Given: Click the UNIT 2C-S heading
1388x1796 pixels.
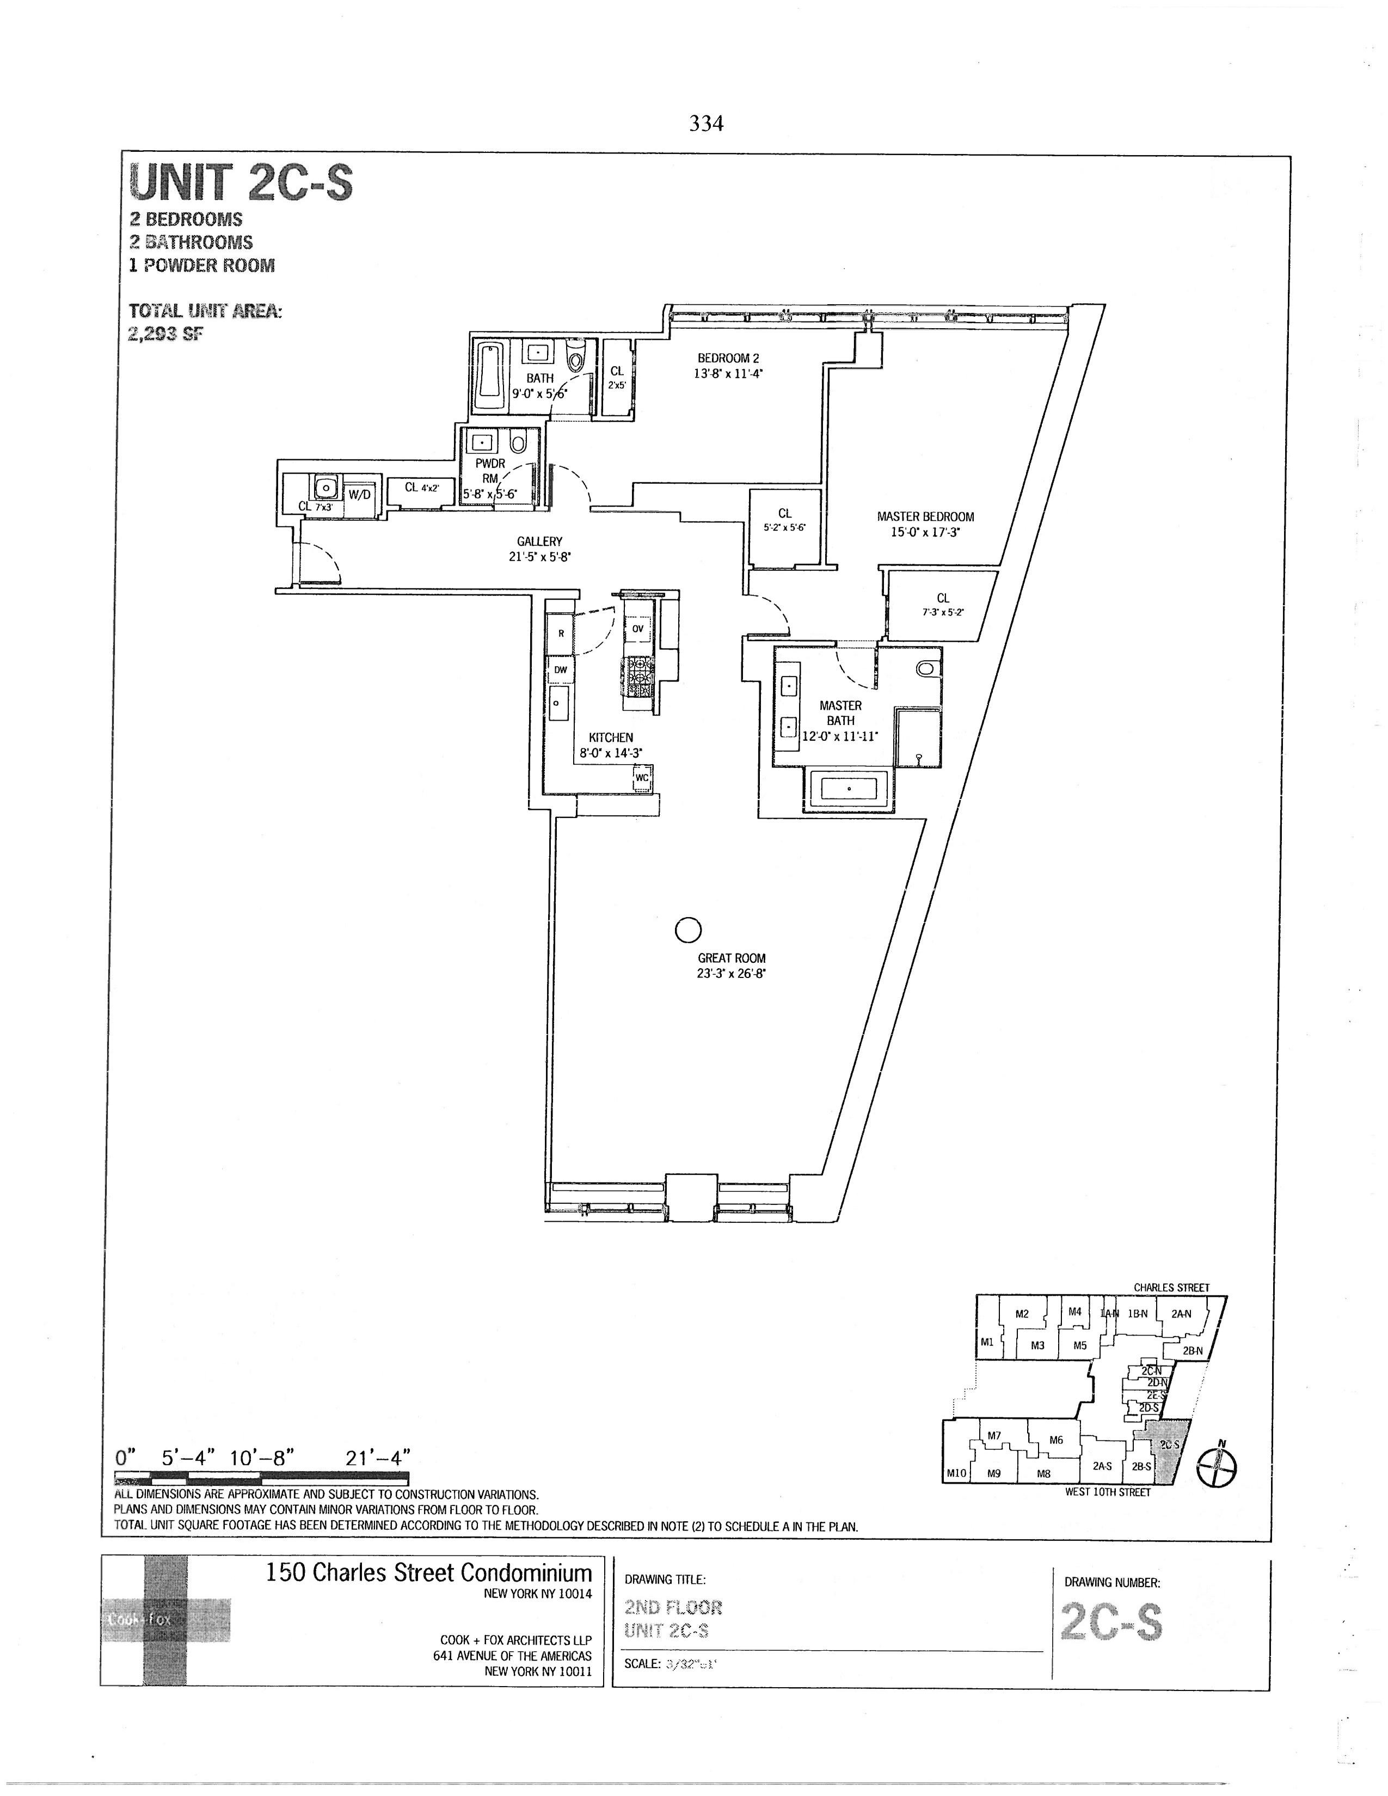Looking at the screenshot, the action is (x=242, y=182).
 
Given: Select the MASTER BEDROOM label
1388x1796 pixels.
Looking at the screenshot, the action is (x=925, y=524).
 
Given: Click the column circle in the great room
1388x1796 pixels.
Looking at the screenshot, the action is (x=687, y=930).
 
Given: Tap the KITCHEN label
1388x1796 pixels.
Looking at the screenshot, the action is (x=610, y=744).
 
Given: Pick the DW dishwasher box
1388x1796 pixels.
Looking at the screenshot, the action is (x=560, y=670).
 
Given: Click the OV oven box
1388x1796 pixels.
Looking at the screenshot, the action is (x=638, y=629).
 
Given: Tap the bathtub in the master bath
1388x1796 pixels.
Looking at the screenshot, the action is (x=850, y=790).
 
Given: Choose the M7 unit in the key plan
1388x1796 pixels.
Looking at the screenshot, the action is (x=994, y=1436).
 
